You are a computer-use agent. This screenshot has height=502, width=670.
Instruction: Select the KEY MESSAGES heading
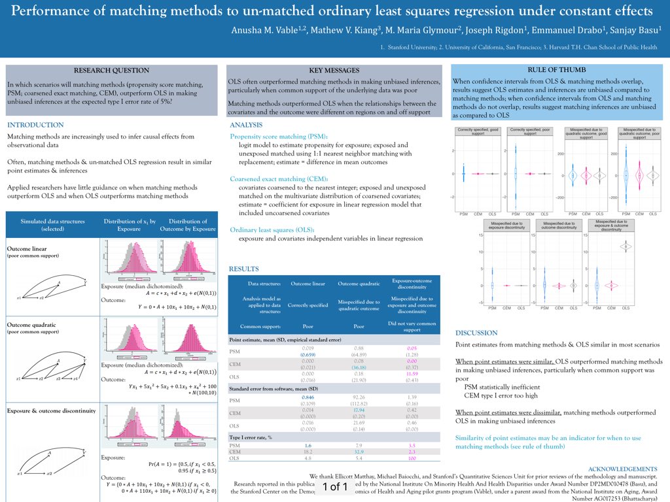point(333,71)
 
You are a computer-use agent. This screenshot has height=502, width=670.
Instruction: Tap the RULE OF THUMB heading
point(556,69)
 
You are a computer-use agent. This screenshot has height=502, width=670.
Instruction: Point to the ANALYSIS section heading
point(246,125)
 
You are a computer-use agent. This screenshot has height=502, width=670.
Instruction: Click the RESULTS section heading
point(243,269)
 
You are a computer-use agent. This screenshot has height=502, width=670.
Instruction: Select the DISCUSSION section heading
point(476,333)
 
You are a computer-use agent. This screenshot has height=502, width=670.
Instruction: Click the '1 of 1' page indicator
point(334,486)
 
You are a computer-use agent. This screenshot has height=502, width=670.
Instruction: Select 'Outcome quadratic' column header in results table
point(359,284)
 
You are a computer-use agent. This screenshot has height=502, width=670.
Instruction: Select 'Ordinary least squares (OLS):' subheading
point(272,229)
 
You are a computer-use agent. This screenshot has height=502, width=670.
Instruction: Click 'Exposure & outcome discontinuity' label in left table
point(51,410)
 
